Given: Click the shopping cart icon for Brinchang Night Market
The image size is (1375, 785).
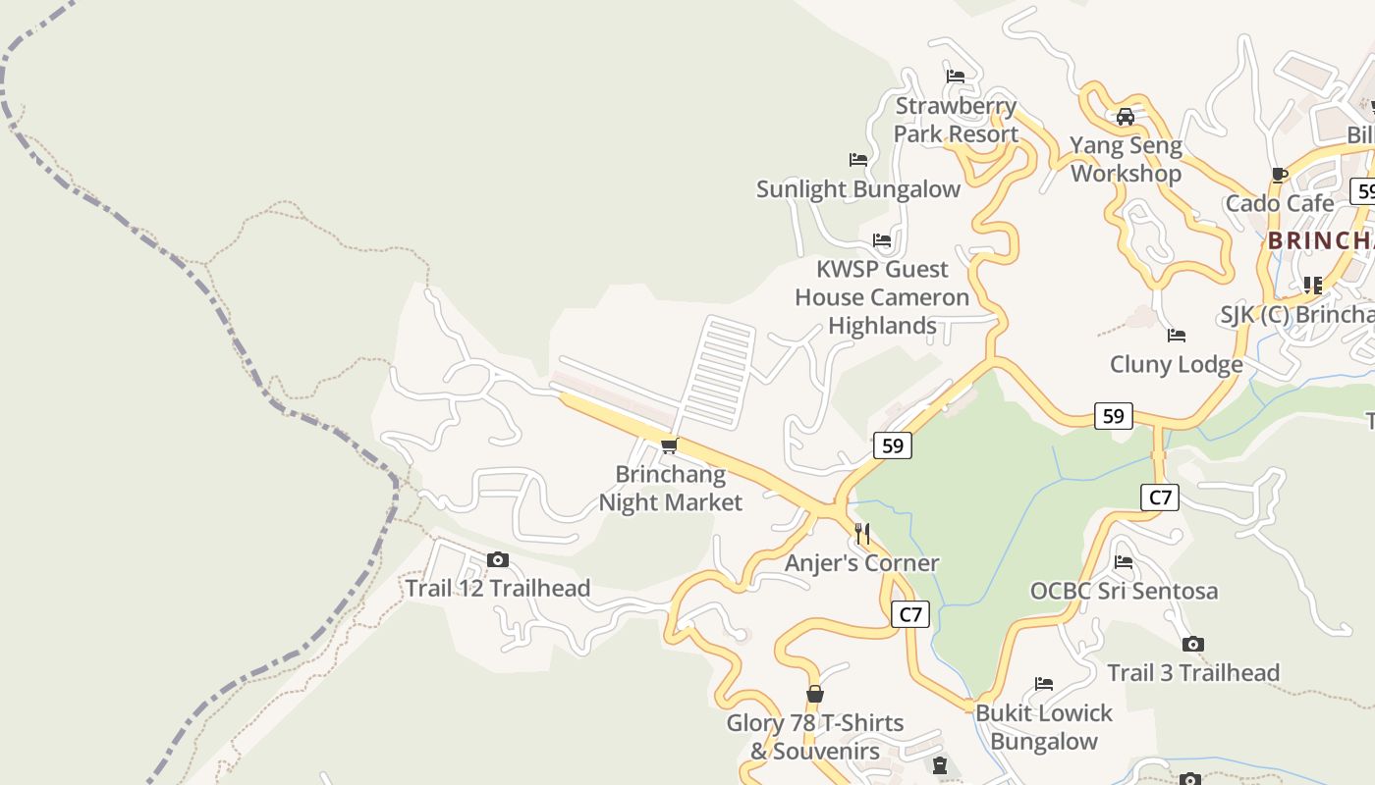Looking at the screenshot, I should click(x=669, y=446).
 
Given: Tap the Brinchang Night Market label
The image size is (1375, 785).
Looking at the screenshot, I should click(x=671, y=489).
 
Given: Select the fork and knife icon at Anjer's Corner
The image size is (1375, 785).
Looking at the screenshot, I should click(x=862, y=534).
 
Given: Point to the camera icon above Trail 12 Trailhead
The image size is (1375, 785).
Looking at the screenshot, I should click(x=498, y=560).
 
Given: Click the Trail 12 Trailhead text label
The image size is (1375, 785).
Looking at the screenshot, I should click(x=498, y=589).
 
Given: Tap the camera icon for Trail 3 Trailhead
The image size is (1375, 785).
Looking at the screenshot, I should click(x=1193, y=645).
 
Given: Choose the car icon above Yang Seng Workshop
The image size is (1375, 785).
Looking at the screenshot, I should click(x=1126, y=117).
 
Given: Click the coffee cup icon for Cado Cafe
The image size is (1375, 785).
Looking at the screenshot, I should click(x=1279, y=176).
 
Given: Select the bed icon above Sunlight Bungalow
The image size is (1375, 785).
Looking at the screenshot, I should click(x=858, y=160).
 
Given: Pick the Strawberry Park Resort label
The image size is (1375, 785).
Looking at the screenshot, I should click(x=956, y=120).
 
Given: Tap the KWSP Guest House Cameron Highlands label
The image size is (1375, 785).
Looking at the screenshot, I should click(x=882, y=297).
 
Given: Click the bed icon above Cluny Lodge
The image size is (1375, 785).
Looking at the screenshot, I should click(x=1177, y=336).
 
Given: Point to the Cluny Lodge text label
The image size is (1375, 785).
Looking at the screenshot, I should click(x=1177, y=365).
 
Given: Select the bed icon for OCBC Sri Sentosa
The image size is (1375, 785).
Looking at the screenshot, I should click(x=1124, y=562).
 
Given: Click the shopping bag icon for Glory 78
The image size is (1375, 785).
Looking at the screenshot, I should click(x=814, y=695).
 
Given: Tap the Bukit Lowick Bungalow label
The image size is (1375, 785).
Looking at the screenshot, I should click(x=1043, y=727).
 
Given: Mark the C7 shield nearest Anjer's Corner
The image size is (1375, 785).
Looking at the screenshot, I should click(x=910, y=615).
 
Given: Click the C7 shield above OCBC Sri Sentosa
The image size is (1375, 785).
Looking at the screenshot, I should click(x=1160, y=497).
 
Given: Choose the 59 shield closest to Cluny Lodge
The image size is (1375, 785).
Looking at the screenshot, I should click(x=1113, y=416).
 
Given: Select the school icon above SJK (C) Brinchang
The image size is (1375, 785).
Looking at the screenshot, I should click(x=1312, y=286).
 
